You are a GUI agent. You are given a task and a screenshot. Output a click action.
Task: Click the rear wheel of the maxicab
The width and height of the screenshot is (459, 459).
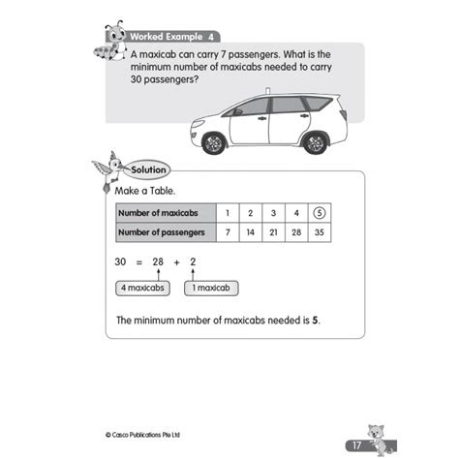315,141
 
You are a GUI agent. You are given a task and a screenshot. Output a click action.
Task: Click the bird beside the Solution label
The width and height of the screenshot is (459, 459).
109,169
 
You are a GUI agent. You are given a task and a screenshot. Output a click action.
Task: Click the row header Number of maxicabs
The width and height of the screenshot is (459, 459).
160,214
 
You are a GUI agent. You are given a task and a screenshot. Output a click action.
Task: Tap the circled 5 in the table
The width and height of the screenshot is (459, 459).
321,214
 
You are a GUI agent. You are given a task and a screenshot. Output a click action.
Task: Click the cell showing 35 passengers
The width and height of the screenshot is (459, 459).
321,232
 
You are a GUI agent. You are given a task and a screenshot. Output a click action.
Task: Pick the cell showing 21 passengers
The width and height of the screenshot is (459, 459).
273,232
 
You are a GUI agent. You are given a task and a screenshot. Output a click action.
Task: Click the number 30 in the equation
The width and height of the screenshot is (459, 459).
121,262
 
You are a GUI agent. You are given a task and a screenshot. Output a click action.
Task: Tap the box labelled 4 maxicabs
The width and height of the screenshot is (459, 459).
142,289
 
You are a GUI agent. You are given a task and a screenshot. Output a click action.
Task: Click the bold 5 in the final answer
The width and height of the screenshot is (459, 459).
316,320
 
